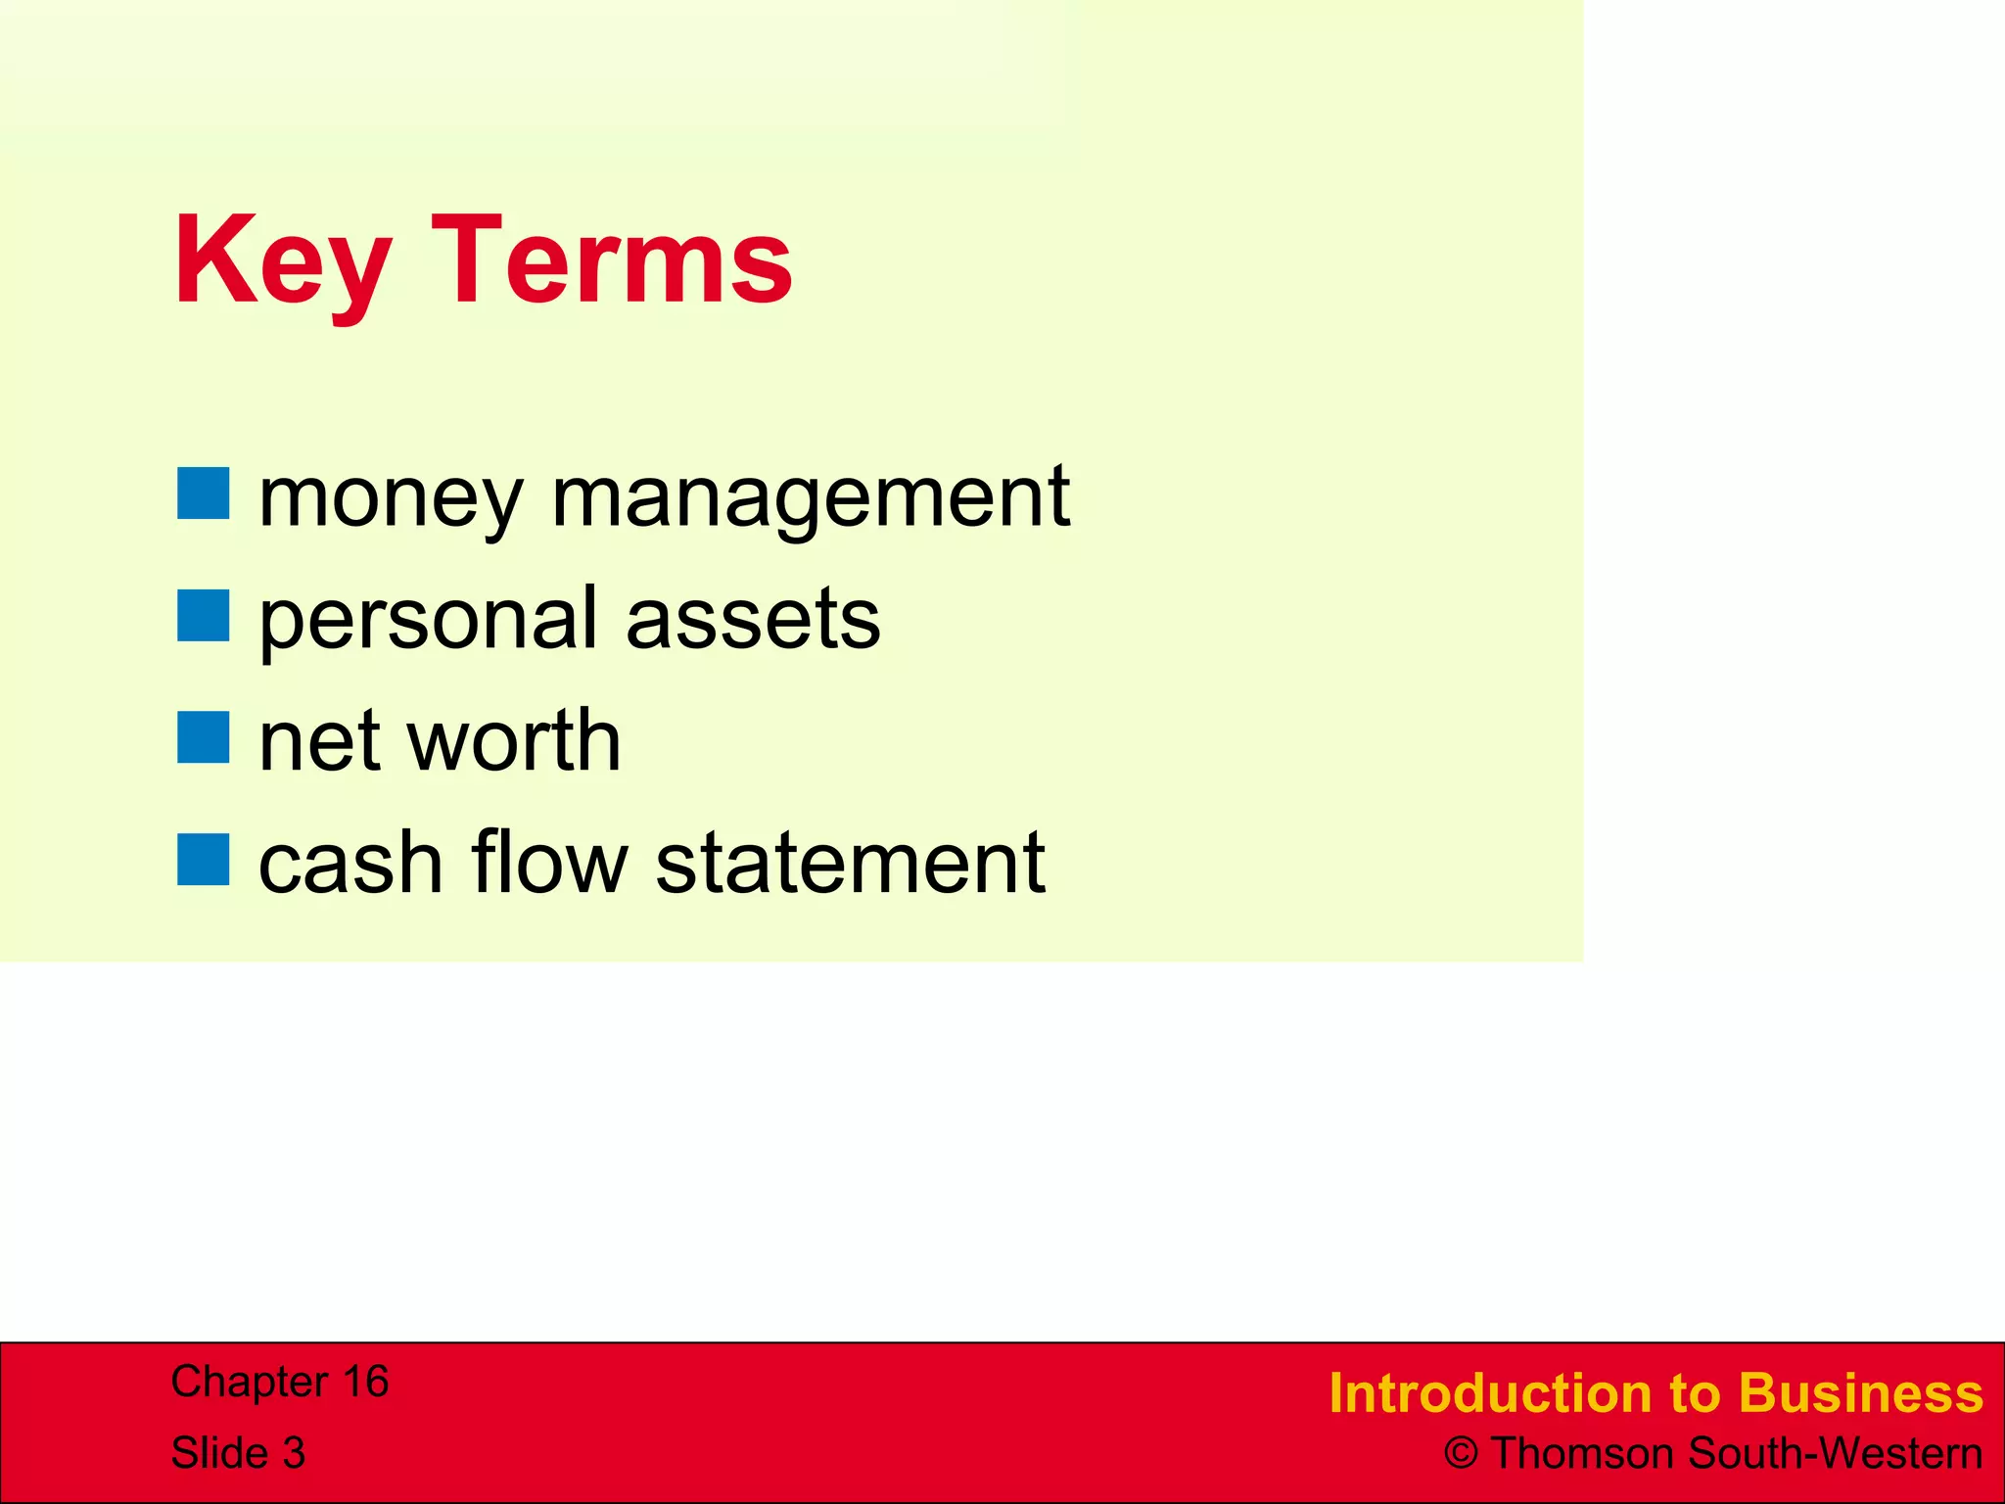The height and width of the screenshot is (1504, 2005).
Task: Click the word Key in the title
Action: click(x=282, y=262)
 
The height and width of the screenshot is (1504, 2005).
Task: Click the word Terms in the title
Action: click(x=611, y=262)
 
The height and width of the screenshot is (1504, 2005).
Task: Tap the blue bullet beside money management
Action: click(x=204, y=493)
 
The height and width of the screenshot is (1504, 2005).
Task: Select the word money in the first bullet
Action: click(x=390, y=499)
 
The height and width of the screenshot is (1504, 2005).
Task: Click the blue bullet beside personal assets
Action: click(x=204, y=615)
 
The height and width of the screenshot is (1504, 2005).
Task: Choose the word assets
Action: click(x=753, y=619)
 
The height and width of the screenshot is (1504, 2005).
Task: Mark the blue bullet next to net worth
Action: click(x=204, y=737)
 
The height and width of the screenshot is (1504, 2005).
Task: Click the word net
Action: click(x=319, y=742)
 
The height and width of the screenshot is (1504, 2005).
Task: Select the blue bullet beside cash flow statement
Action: click(x=204, y=860)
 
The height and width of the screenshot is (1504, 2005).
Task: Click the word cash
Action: click(x=350, y=864)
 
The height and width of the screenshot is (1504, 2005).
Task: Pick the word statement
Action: click(x=850, y=864)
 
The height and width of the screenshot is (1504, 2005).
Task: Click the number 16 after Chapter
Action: click(x=365, y=1382)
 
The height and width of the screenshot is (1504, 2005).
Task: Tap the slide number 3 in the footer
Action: click(x=293, y=1453)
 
